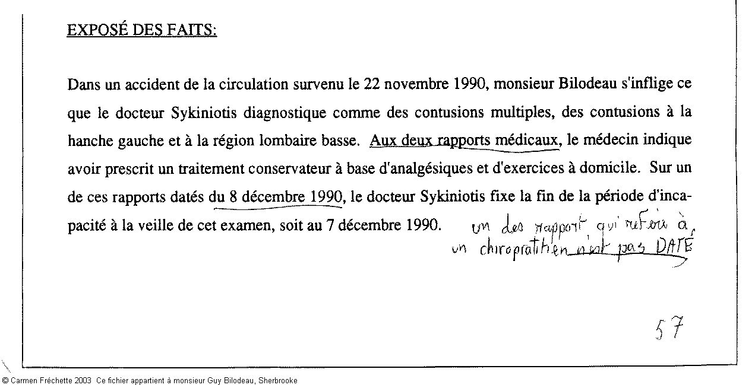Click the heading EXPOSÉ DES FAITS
[141, 30]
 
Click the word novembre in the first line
[415, 84]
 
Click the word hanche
[88, 141]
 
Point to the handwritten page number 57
[670, 328]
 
